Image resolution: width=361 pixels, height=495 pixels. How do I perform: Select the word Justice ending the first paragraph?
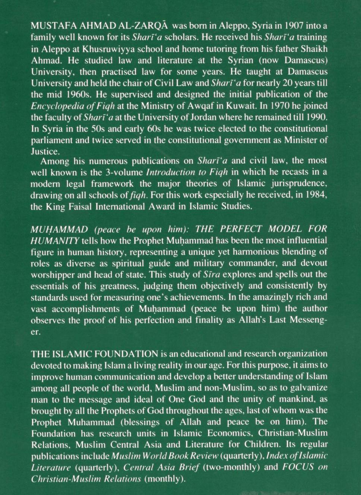pos(44,151)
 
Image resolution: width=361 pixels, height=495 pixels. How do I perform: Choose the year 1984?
pos(316,195)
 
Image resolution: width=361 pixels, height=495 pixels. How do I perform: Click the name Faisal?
pos(85,206)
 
